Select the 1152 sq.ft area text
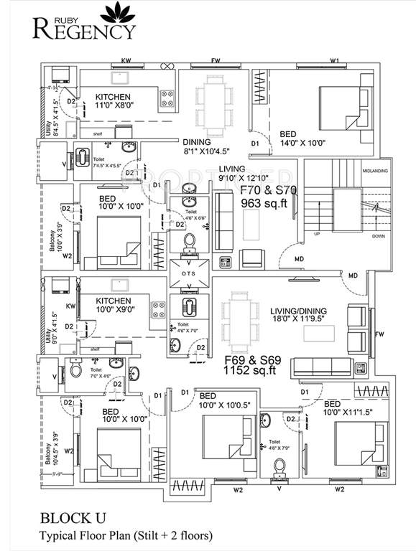pos(242,371)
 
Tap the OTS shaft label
pos(189,273)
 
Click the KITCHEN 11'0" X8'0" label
pos(114,102)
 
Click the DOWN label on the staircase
pos(378,235)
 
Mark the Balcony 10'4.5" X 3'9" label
pos(49,459)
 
